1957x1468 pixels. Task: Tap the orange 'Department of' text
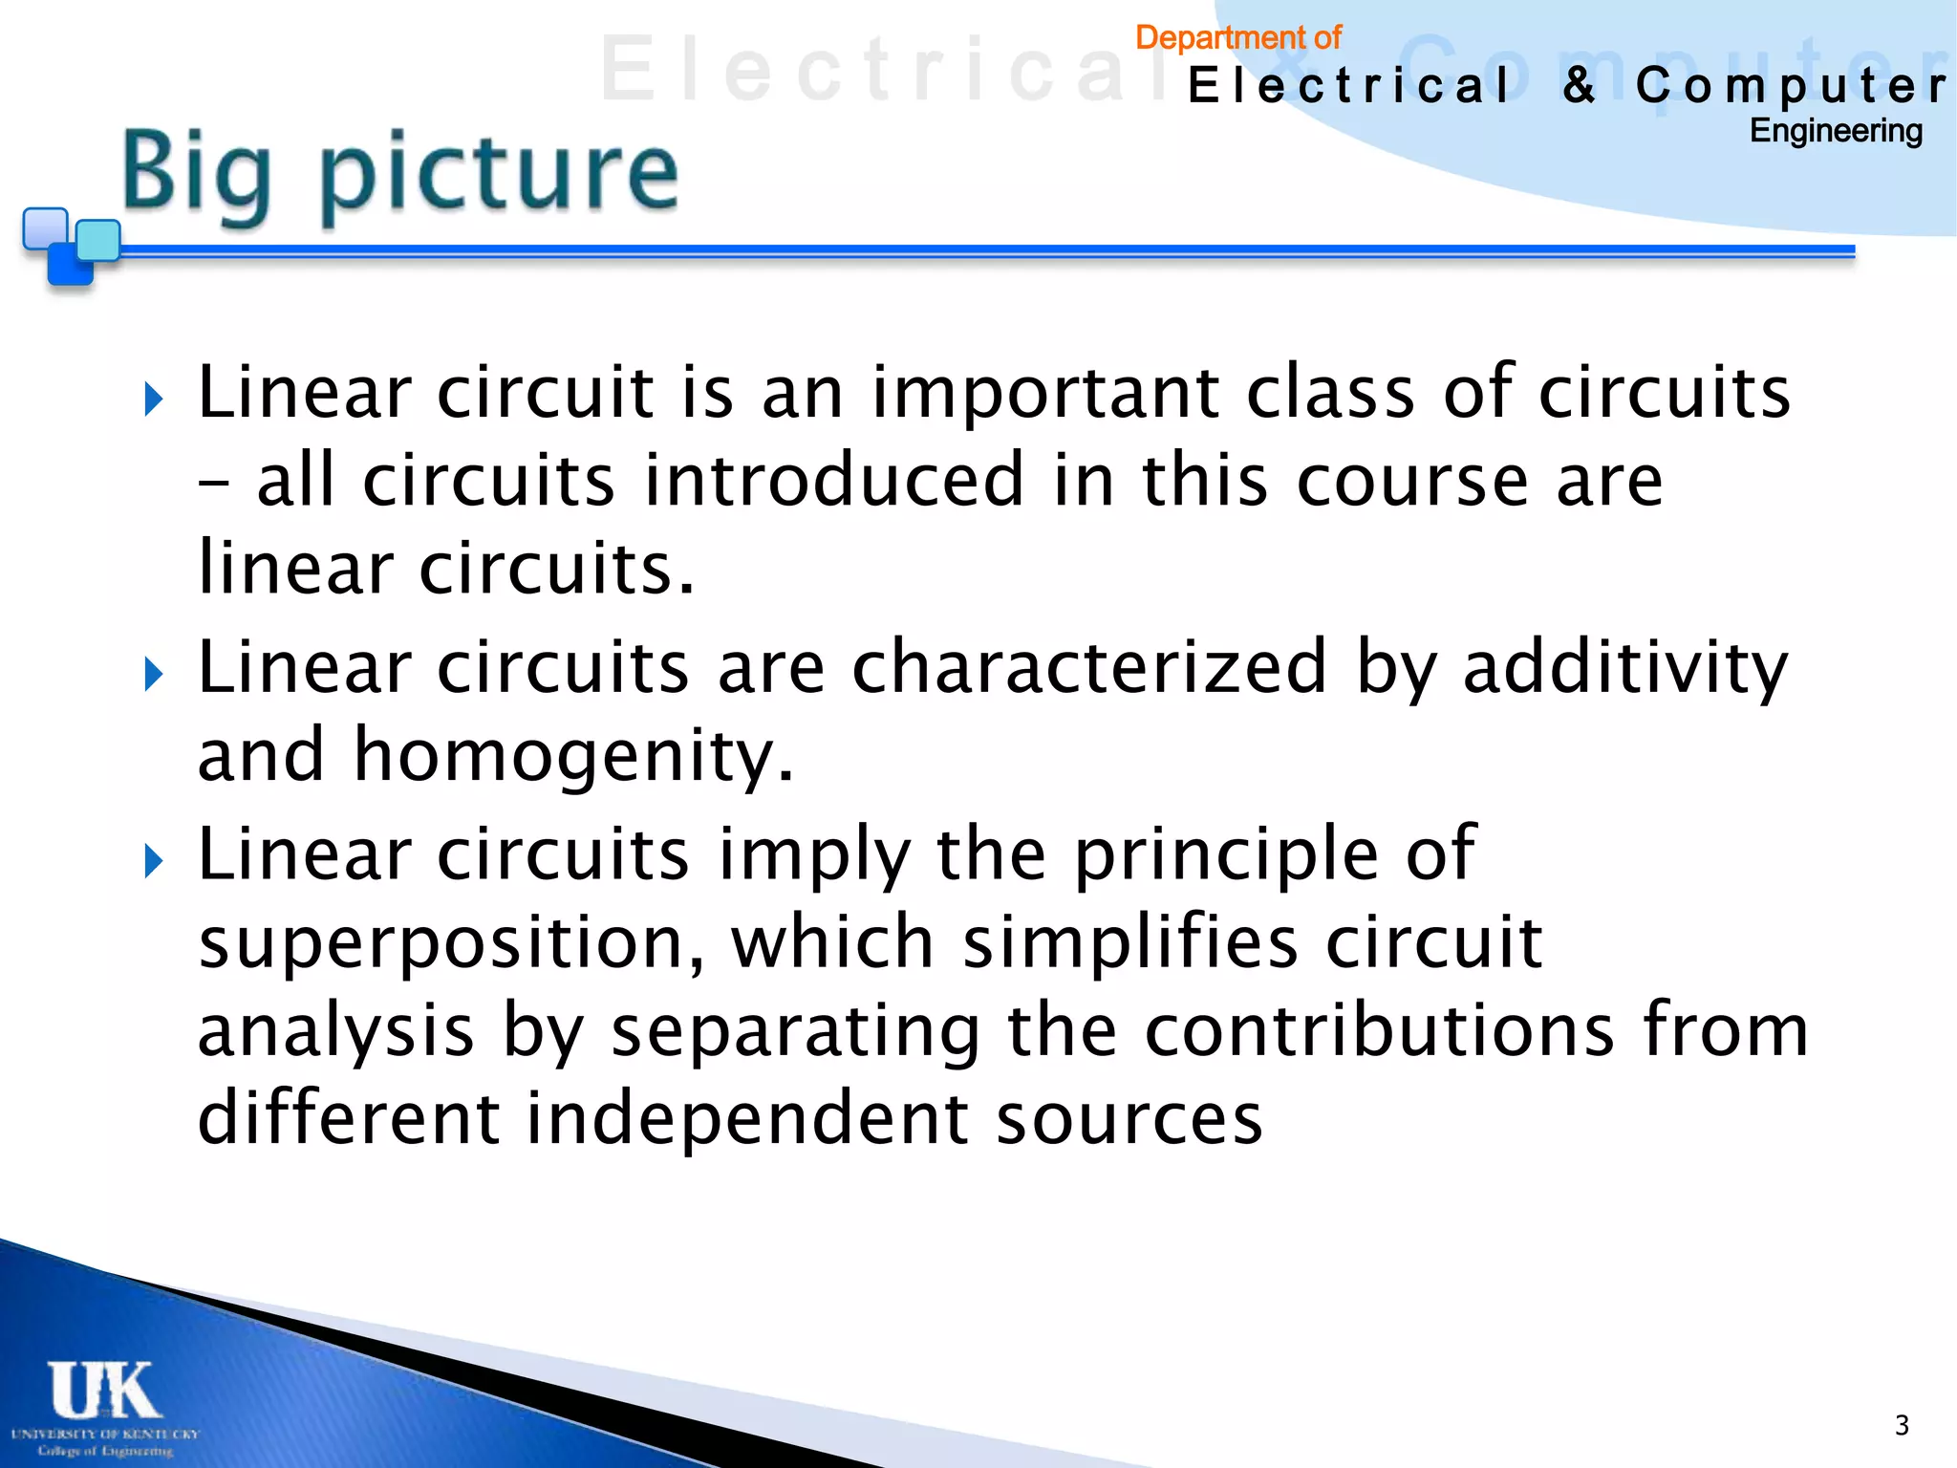pos(1237,38)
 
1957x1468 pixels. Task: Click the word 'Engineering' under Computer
pos(1835,131)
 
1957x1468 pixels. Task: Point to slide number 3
pos(1902,1425)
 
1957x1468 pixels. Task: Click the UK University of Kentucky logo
pos(105,1405)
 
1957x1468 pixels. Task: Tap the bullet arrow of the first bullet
pos(153,399)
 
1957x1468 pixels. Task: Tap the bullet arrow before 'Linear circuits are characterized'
pos(153,675)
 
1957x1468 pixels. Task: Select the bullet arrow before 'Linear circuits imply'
pos(153,861)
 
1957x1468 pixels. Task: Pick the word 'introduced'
pos(834,480)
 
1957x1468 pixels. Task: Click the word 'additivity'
pos(1624,667)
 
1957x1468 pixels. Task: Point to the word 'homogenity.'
pos(573,756)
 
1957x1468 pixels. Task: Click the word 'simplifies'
pos(1129,941)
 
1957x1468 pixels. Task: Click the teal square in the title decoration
pos(97,240)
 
